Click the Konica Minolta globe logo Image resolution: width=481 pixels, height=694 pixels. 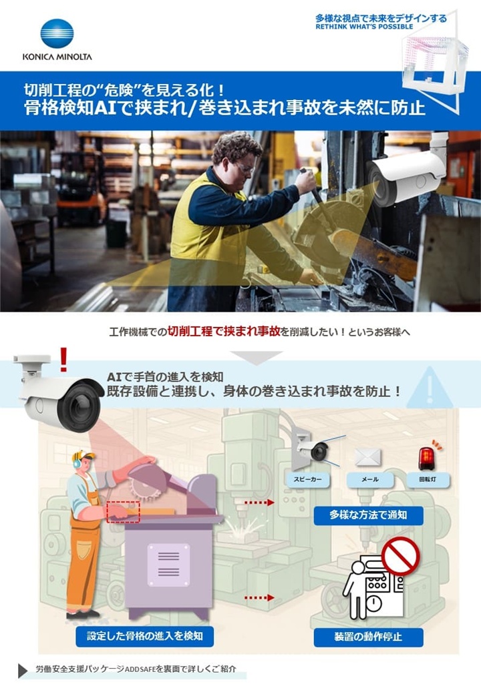click(x=57, y=34)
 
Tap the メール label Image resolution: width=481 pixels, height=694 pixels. click(x=369, y=480)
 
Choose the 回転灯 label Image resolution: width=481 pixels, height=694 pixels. click(x=428, y=480)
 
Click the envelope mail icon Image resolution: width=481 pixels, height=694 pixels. click(x=368, y=457)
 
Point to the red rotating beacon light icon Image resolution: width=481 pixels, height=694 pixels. click(x=426, y=457)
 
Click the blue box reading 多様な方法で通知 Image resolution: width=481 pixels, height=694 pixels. click(x=368, y=514)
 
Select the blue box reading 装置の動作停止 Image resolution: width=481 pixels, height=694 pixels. click(x=368, y=636)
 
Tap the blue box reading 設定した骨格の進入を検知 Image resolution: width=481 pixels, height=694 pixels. click(x=144, y=636)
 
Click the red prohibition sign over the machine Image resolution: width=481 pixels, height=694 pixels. click(x=399, y=557)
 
